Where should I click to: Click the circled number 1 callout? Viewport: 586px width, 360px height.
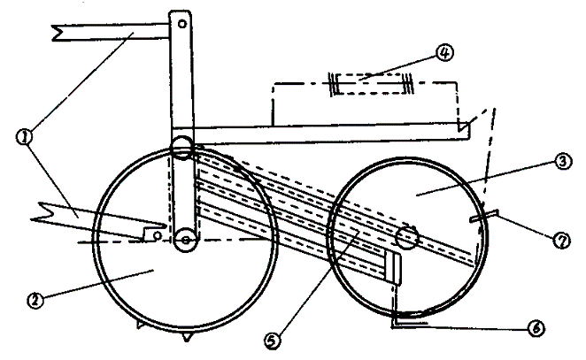point(24,137)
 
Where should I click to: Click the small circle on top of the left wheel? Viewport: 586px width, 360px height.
point(182,146)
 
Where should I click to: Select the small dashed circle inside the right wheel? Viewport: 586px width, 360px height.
point(407,236)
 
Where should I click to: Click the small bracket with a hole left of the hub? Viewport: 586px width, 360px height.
point(154,234)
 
